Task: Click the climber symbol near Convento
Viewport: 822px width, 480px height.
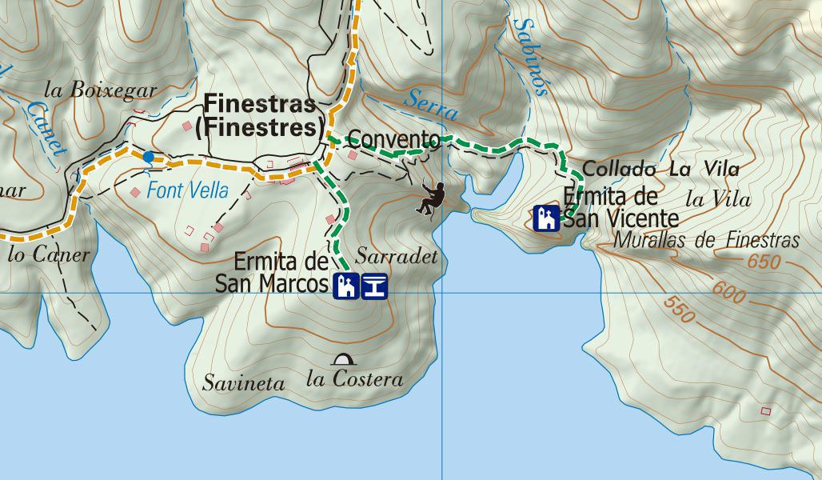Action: (431, 198)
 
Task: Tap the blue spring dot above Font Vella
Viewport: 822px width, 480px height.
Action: (148, 157)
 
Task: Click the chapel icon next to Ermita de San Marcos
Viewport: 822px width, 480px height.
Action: (345, 286)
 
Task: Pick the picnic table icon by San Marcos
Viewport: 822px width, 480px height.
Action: (374, 286)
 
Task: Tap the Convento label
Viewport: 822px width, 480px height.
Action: (394, 140)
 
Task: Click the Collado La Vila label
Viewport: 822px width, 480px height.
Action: (660, 169)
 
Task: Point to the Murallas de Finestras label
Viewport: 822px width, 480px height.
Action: (707, 240)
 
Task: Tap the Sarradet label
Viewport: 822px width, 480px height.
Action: (397, 257)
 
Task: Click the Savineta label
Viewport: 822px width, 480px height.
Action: (243, 383)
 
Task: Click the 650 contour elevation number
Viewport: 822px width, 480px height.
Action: (765, 262)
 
